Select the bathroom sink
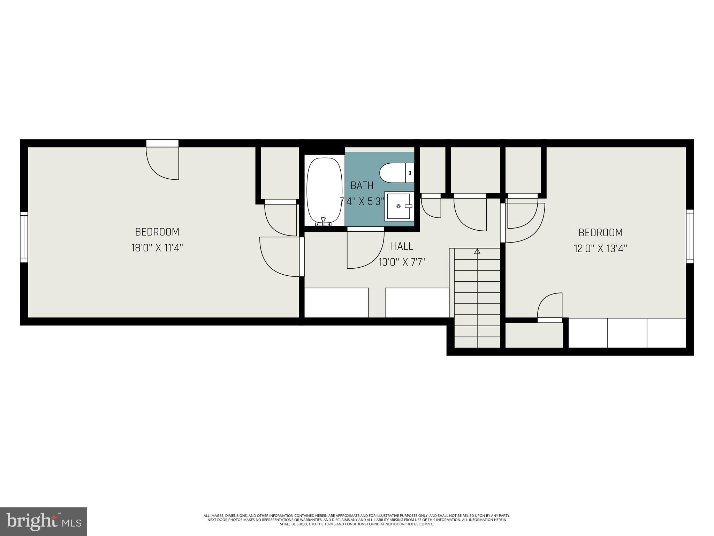coord(399,206)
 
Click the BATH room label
coord(362,186)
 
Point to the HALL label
coord(402,246)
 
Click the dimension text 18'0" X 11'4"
coord(157,248)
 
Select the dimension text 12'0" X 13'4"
coord(600,249)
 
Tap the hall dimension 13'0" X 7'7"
coord(402,262)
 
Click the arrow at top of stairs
coord(477,251)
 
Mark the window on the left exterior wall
coord(24,237)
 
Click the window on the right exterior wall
coord(690,236)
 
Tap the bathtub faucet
coord(324,221)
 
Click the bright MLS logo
coord(44,522)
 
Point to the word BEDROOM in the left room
coord(157,232)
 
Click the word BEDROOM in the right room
coord(600,232)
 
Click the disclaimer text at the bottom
coord(357,520)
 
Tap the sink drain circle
coord(398,206)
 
